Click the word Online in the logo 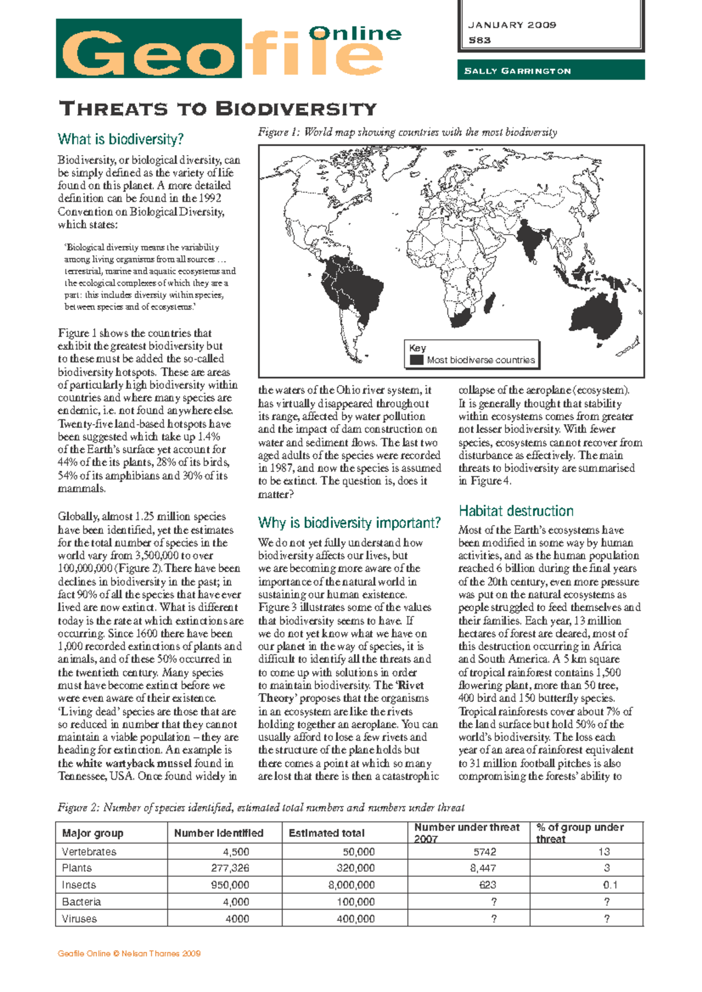pyautogui.click(x=355, y=33)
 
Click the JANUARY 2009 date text pyautogui.click(x=512, y=25)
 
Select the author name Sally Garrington pyautogui.click(x=517, y=71)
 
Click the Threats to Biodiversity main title pyautogui.click(x=218, y=109)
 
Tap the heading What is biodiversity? pyautogui.click(x=121, y=139)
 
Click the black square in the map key pyautogui.click(x=416, y=360)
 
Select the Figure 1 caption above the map pyautogui.click(x=407, y=132)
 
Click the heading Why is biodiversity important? pyautogui.click(x=349, y=522)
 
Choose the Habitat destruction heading pyautogui.click(x=515, y=511)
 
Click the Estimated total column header pyautogui.click(x=326, y=833)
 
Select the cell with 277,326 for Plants pyautogui.click(x=230, y=868)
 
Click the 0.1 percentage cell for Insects pyautogui.click(x=610, y=885)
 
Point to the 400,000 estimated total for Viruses pyautogui.click(x=356, y=918)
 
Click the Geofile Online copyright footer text pyautogui.click(x=129, y=953)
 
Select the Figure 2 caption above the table pyautogui.click(x=261, y=808)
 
